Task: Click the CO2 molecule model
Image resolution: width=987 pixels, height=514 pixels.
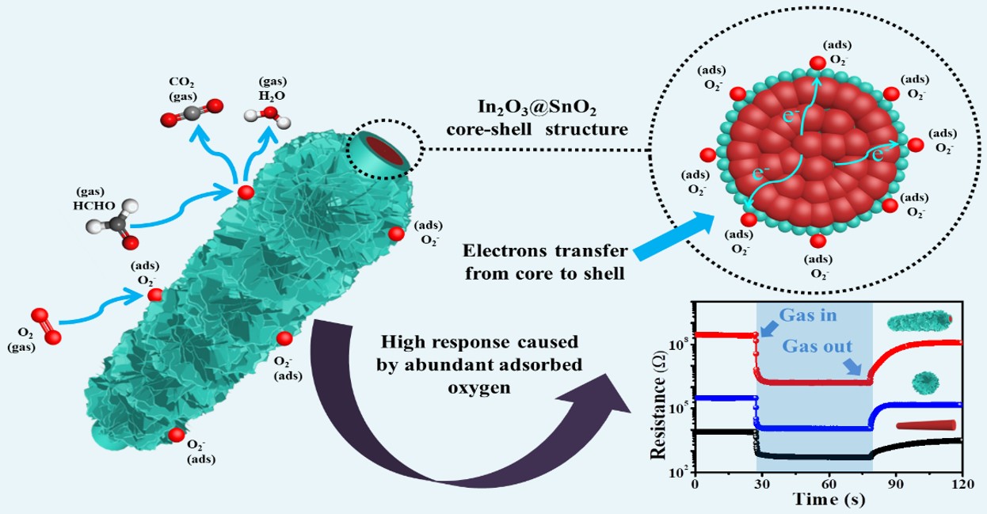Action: pos(192,113)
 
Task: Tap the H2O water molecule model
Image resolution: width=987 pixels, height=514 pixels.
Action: pos(268,116)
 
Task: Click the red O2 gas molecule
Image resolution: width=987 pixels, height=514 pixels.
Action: pos(46,326)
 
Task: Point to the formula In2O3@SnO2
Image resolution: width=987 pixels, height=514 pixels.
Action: pos(537,108)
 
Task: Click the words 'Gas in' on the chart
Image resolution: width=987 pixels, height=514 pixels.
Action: pos(808,315)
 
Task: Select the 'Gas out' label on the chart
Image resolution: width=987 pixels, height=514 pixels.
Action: pos(817,347)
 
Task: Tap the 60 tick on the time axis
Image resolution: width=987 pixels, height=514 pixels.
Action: pos(829,484)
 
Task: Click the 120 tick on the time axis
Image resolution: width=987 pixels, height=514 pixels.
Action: pos(962,484)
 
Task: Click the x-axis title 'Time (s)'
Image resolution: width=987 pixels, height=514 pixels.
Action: pos(829,500)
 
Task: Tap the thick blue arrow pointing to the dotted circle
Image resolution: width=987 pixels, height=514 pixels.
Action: pos(674,236)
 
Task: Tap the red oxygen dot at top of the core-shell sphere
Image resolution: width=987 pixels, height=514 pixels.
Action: pos(817,63)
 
